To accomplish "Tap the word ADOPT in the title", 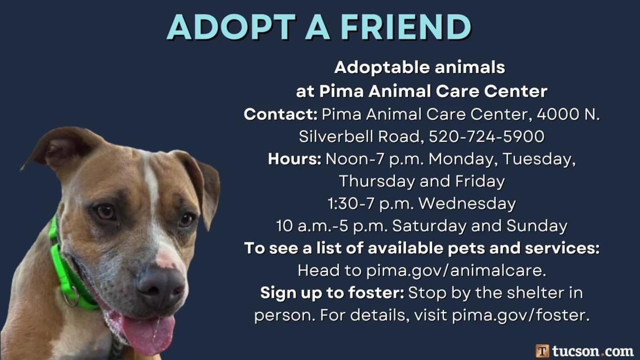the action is pos(231,27).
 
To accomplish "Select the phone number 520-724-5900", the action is pos(486,137).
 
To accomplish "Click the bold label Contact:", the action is pos(281,114).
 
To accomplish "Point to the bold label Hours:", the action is pos(295,159).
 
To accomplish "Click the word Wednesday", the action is pos(467,203).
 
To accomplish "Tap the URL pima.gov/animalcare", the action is pos(456,271).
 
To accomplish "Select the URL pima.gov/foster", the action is pos(521,315).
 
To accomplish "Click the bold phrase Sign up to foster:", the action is pos(332,293).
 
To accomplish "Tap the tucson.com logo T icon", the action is pos(542,351).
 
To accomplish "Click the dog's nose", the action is pos(162,286).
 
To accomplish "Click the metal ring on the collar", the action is pos(71,297).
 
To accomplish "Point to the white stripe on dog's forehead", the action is pos(151,183).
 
